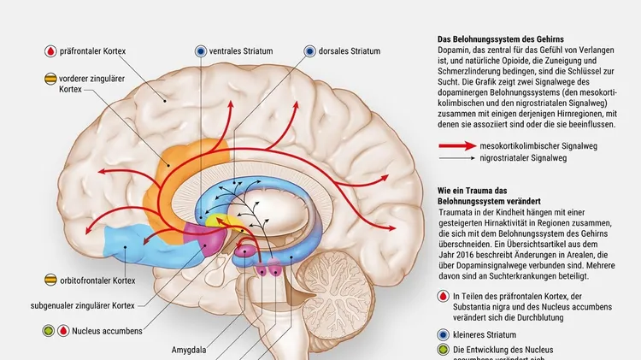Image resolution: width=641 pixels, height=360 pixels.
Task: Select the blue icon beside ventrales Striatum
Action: point(201,51)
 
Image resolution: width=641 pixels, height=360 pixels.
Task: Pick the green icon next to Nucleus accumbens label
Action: point(50,330)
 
